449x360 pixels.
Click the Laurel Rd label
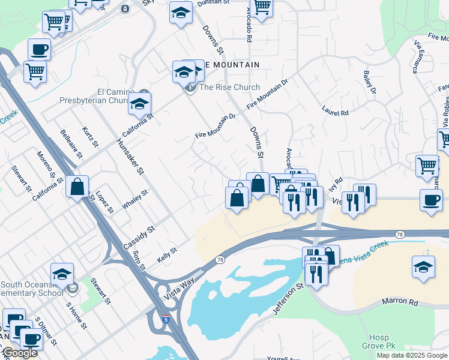pos(335,112)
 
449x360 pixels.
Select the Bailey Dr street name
pos(369,83)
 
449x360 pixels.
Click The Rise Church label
pos(229,87)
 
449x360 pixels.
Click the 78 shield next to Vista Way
pos(220,259)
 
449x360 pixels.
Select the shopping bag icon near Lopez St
pos(77,186)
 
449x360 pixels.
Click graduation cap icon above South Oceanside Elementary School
pos(62,274)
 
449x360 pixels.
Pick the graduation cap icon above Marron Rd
pos(423,266)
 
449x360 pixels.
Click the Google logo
pos(20,353)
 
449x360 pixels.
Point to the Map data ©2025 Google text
pos(411,355)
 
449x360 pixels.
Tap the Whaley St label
pos(135,199)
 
